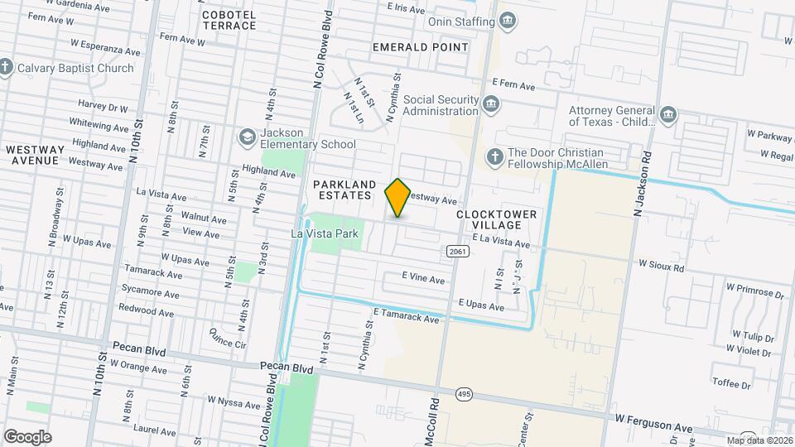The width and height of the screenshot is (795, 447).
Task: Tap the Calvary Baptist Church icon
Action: point(7,67)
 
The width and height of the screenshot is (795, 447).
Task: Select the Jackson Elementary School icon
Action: point(247,136)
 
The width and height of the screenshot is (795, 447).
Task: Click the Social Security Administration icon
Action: point(492,104)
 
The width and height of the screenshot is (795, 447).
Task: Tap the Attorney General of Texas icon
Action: point(668,114)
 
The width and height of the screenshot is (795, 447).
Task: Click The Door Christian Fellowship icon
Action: point(494,156)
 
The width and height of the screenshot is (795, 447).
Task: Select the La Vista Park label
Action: point(325,233)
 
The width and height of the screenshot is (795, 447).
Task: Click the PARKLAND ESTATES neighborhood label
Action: point(344,190)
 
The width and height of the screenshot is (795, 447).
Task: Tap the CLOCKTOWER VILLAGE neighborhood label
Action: point(497,219)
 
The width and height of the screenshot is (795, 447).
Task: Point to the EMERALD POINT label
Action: point(421,47)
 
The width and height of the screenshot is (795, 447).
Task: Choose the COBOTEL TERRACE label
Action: point(229,20)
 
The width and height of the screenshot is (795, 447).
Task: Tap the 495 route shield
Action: point(464,395)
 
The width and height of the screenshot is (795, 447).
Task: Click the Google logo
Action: point(27,436)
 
